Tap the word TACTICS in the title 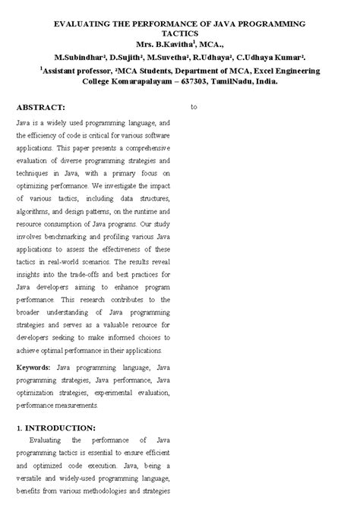coord(179,35)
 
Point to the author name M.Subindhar coord(78,58)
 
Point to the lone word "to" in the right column coord(194,107)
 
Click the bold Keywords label coord(34,368)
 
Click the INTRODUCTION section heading coord(60,428)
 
